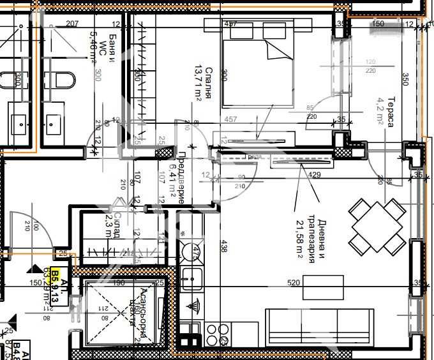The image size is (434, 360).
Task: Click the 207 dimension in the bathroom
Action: click(71, 24)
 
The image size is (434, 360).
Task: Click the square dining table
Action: click(376, 227)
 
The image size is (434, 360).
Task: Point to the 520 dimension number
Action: click(294, 283)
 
